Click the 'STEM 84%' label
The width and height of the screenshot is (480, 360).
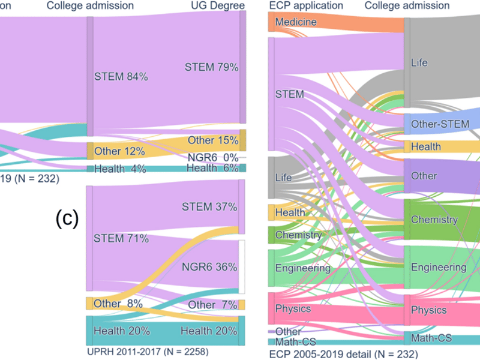tap(121, 76)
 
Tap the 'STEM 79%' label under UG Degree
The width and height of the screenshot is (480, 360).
tap(211, 67)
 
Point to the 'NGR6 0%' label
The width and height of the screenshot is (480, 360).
tap(213, 157)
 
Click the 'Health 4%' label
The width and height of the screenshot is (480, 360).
tap(121, 169)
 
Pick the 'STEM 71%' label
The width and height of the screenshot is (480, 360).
tap(121, 238)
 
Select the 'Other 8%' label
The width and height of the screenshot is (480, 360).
tap(118, 303)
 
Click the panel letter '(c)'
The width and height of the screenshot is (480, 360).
tap(67, 218)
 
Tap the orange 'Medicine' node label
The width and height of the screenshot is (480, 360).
tap(296, 23)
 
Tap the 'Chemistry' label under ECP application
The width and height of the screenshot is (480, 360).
tap(298, 235)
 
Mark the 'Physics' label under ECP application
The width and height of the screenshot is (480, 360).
tap(293, 308)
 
